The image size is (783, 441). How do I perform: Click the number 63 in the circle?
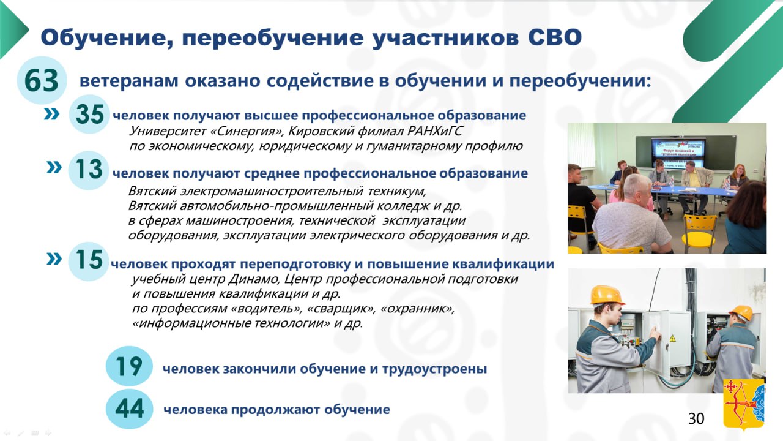41,80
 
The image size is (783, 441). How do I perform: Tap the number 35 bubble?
89,114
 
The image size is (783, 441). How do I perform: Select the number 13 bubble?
89,170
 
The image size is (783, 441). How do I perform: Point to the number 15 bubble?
89,261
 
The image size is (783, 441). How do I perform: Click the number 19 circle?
129,366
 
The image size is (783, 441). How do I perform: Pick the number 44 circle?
129,409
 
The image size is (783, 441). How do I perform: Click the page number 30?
696,418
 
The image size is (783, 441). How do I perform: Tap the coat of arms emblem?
743,404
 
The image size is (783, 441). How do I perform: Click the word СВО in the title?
555,37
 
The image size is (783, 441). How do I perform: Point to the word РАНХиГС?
435,131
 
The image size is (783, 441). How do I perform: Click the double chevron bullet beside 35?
52,114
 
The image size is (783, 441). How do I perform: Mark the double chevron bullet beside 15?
54,259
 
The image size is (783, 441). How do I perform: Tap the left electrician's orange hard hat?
607,295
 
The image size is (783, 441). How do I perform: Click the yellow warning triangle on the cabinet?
672,338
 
